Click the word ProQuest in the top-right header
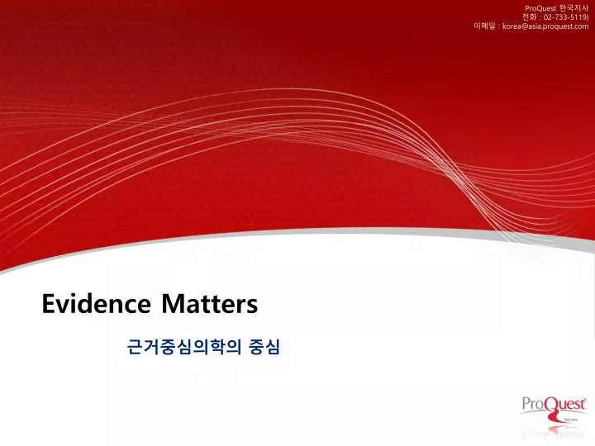(541, 7)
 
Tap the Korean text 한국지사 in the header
(574, 7)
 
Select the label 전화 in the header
(529, 17)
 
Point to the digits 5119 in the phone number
(578, 17)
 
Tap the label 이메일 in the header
(484, 26)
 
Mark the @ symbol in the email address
(524, 26)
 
